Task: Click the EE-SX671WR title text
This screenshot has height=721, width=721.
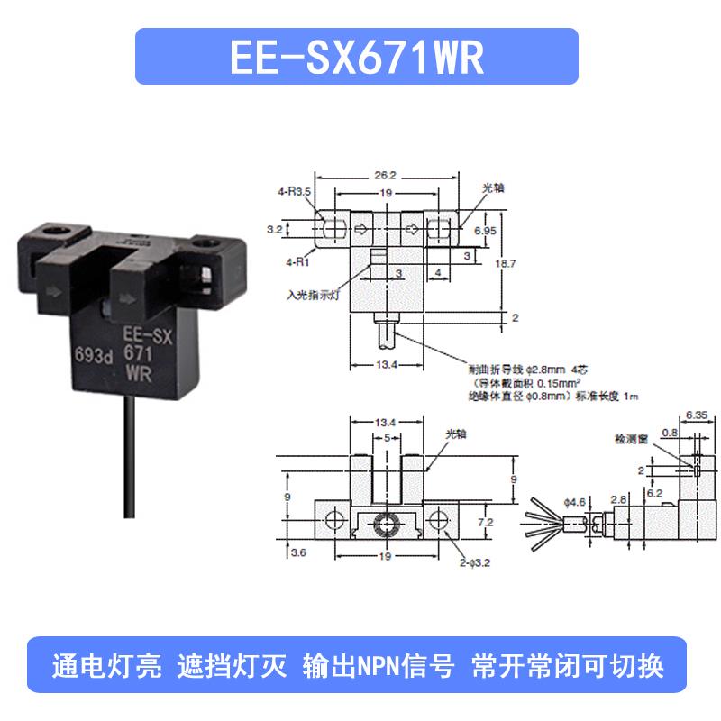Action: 357,58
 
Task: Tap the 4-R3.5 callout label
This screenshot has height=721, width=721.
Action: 294,191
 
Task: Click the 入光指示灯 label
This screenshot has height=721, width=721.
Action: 311,294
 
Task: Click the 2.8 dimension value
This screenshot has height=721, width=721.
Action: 617,497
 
